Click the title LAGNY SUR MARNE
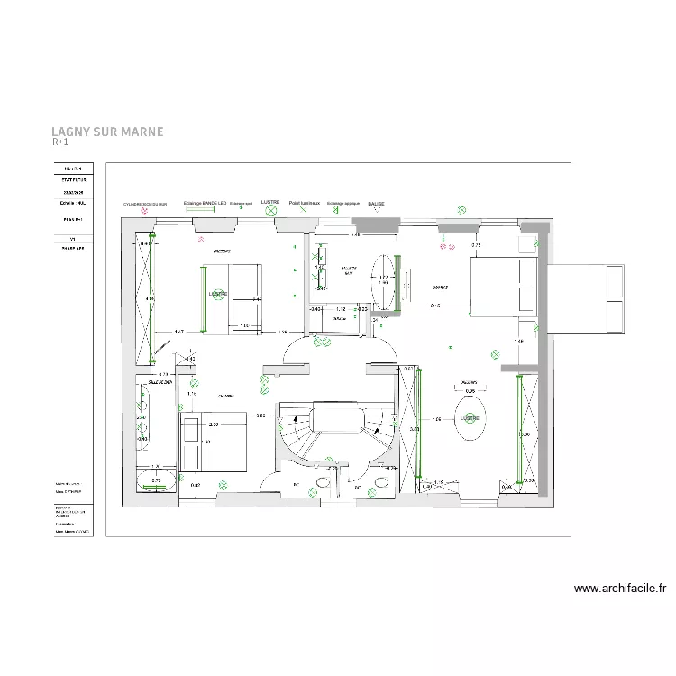point(107,132)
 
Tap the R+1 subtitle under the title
point(60,142)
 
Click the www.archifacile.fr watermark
point(620,589)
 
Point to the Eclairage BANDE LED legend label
point(205,204)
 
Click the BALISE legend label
point(376,204)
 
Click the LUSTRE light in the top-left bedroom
point(217,294)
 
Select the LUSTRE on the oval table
point(470,419)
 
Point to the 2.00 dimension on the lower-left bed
point(214,424)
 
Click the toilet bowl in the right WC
point(382,482)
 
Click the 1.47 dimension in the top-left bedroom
point(179,332)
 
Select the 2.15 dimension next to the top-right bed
point(435,306)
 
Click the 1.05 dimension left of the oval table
point(436,419)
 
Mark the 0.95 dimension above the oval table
point(470,391)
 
